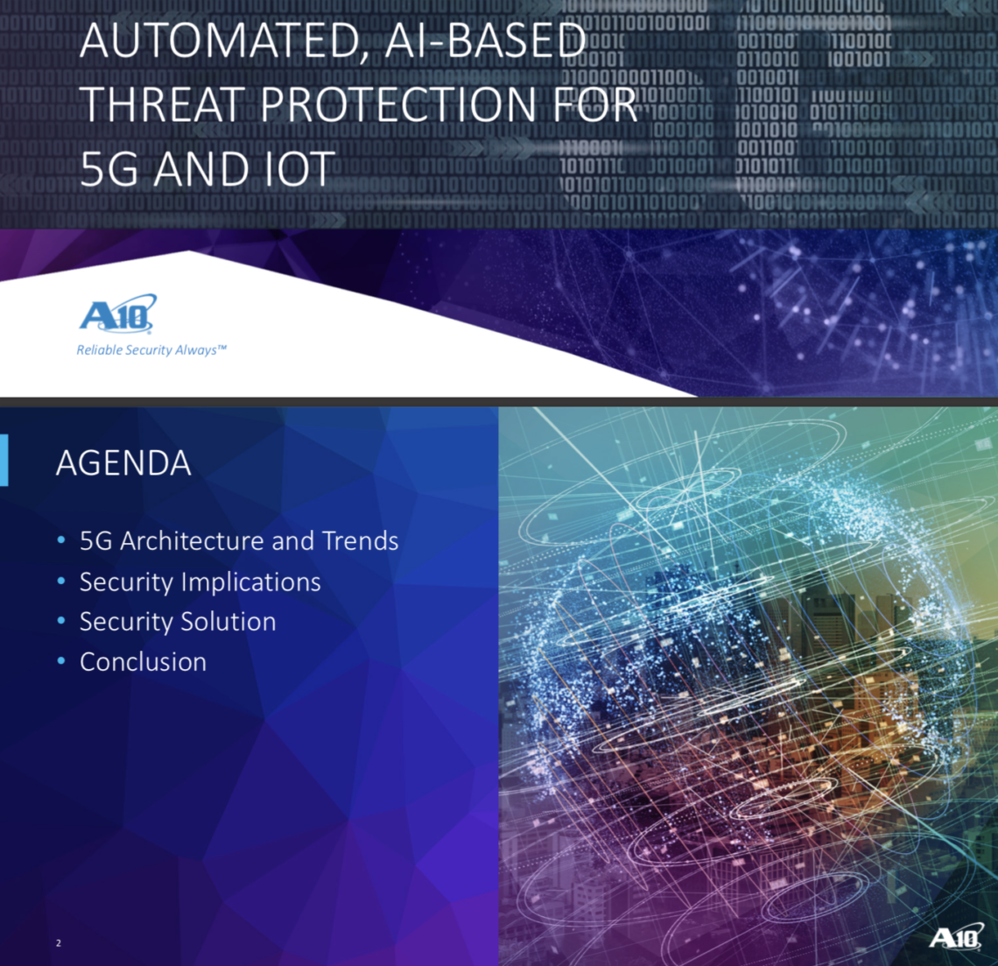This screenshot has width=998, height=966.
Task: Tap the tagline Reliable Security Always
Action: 151,349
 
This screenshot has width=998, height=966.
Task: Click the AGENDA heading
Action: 123,463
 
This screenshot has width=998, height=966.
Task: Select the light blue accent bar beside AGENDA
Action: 4,461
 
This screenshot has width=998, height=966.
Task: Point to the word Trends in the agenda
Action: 361,540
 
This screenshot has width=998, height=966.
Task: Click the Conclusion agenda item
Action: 144,662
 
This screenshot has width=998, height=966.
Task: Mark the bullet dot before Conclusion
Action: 61,661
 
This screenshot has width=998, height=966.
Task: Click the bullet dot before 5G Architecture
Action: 61,540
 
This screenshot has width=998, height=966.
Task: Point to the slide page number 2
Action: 59,943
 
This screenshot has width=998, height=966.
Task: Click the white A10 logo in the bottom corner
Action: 955,937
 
